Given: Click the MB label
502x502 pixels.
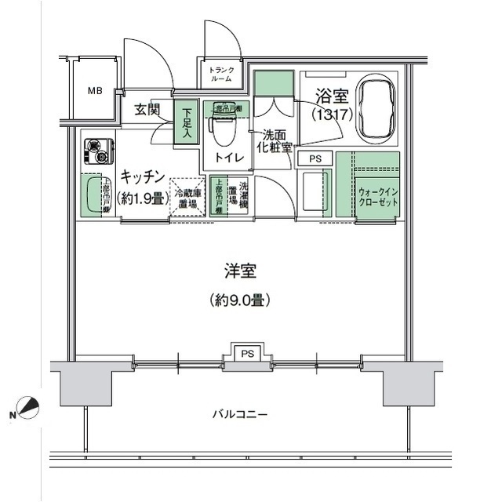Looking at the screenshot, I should (95, 90).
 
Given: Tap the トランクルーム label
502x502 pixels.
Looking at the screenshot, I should (220, 75).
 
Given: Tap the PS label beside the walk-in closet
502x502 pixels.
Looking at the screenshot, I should (315, 158).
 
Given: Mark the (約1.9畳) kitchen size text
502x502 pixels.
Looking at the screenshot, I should (143, 198).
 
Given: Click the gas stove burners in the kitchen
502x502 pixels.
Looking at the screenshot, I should (99, 151).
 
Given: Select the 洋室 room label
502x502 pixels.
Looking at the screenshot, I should (240, 271).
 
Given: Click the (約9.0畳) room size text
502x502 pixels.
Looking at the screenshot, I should (240, 299).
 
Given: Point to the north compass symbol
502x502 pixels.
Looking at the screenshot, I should (27, 409).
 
